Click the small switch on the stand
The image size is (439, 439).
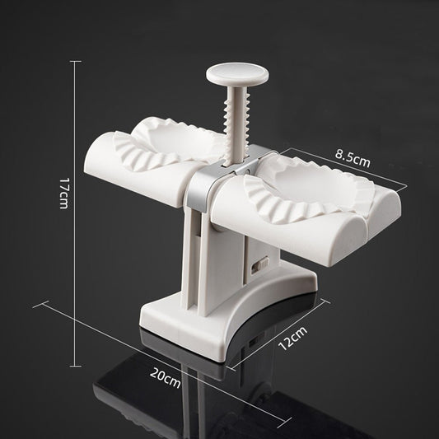pyautogui.click(x=263, y=264)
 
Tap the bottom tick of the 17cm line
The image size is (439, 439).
pyautogui.click(x=78, y=365)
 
